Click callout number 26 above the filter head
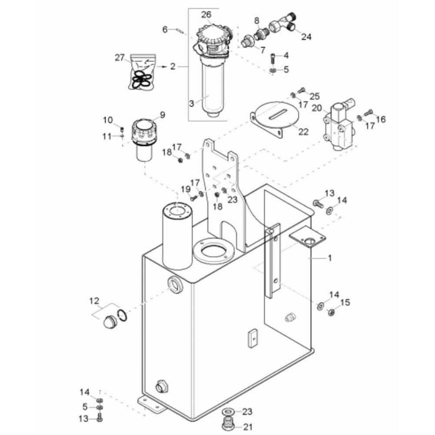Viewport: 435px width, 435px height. (x=206, y=14)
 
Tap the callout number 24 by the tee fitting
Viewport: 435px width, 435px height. (x=306, y=37)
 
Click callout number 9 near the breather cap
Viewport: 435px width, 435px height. (x=162, y=115)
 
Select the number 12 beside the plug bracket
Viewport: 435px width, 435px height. (x=94, y=301)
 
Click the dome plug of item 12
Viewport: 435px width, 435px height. (x=108, y=323)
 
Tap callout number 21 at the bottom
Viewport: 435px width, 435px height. (x=247, y=427)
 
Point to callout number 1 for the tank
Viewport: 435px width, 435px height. (x=329, y=258)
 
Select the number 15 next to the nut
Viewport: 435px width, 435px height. (x=345, y=302)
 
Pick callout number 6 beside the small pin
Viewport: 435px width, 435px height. (x=165, y=30)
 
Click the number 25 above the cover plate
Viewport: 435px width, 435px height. (x=314, y=96)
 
